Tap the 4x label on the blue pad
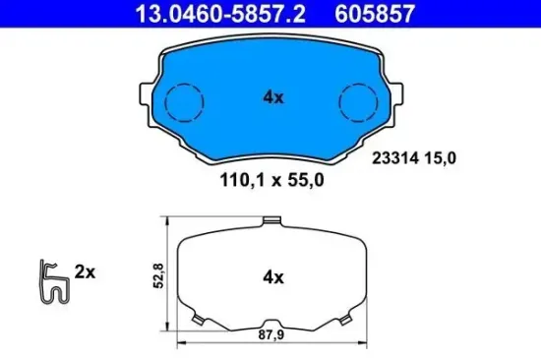(272, 98)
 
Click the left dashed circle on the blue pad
(182, 101)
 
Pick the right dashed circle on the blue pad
(358, 101)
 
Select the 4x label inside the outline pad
(271, 278)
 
